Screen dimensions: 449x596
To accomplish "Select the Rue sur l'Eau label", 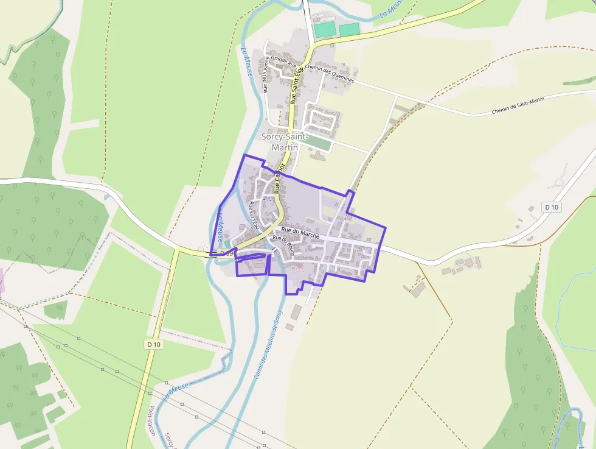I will (254, 214).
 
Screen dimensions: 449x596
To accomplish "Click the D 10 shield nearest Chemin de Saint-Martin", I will (552, 207).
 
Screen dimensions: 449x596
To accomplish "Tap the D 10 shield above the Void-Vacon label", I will (154, 344).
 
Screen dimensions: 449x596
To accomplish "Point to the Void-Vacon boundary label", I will (151, 421).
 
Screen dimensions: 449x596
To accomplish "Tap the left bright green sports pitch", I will (325, 29).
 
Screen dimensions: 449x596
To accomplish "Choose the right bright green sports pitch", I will (349, 29).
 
